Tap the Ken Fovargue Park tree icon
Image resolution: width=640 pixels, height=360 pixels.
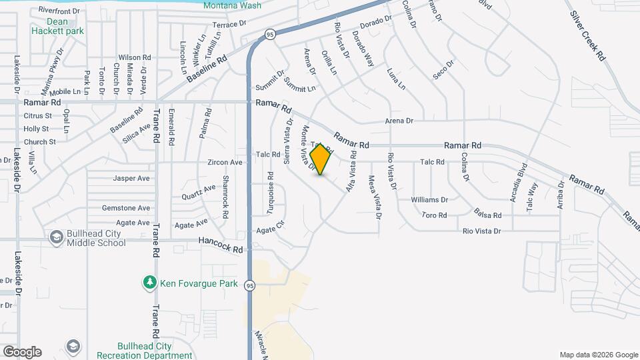coord(150,283)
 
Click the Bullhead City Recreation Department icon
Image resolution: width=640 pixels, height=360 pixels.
coord(73,346)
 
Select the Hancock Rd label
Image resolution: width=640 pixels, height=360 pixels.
coord(220,245)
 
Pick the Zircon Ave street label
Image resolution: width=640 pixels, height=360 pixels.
coord(225,162)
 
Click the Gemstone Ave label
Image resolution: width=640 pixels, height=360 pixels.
coord(126,208)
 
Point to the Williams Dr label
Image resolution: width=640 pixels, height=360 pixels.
coord(429,200)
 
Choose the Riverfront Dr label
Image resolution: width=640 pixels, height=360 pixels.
coord(59,11)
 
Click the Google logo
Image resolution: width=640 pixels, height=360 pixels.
coord(22,352)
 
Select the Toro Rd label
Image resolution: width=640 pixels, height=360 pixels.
coord(434,215)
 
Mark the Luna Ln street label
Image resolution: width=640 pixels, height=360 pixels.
coord(396,78)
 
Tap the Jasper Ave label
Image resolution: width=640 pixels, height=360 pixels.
coord(131,179)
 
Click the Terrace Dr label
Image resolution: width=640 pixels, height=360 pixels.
coord(229,25)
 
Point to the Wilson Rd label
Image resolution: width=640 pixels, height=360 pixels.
coord(133,57)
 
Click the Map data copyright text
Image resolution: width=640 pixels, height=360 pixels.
coord(598,355)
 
